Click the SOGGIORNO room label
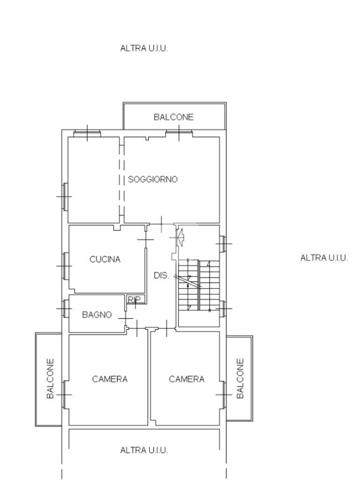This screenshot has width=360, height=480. point(153,180)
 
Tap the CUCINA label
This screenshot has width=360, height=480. point(105,259)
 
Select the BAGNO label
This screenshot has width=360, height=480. point(97,315)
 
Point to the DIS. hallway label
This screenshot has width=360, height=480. point(161,276)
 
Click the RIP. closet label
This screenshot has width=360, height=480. point(135,300)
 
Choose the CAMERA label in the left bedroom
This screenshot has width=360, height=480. point(110,379)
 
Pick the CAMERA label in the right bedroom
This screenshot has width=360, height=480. point(187,379)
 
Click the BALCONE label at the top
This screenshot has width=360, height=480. point(173,117)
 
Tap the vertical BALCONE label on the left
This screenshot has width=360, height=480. point(51,379)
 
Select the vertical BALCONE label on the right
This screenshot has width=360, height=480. point(240,379)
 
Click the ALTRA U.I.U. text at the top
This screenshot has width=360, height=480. point(144,48)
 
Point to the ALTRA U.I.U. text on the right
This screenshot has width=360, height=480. point(324,258)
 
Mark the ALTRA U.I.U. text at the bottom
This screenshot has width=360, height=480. point(144,450)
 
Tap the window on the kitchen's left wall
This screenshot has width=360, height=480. point(65,266)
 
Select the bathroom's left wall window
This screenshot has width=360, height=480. point(66,308)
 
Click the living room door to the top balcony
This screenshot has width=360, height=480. point(179,134)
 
